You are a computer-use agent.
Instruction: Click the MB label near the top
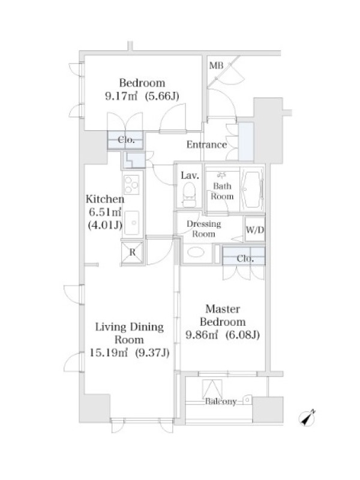coord(216,65)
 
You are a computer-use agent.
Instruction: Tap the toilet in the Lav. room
coord(189,194)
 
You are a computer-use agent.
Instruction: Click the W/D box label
coord(254,230)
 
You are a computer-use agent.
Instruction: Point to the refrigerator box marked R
coord(132,252)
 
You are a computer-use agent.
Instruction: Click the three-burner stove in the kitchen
coord(131,185)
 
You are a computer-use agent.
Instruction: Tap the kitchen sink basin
coord(132,223)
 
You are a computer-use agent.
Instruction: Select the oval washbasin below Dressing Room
coord(196,253)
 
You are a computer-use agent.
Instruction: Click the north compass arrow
coord(308,418)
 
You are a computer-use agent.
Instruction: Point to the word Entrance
coord(206,145)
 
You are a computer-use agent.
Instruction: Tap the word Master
coord(223,309)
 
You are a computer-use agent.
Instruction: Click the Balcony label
coord(221,401)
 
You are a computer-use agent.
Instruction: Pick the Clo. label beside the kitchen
coord(126,140)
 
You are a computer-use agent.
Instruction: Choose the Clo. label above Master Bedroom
coord(245,259)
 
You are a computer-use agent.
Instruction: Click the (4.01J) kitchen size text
coord(105,226)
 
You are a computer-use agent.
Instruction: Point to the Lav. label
coord(190,175)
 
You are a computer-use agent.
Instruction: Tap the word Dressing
coord(204,224)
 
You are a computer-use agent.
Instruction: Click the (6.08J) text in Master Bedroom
coord(242,335)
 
